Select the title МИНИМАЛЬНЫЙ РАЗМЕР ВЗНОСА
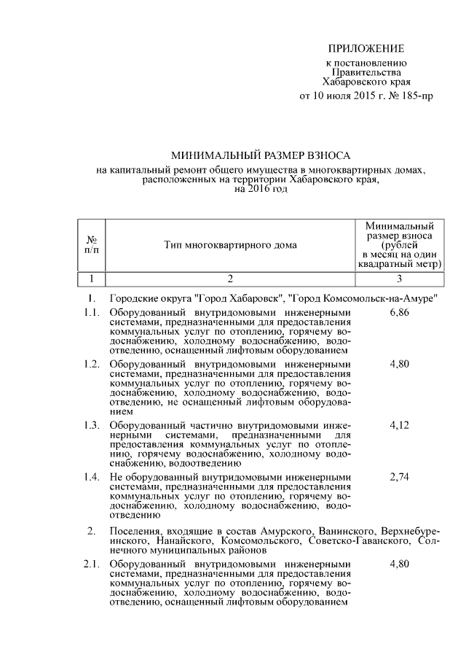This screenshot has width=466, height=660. [261, 156]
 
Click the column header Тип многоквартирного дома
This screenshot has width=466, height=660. [230, 245]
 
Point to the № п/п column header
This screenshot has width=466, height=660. [92, 245]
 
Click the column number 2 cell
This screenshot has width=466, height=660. [230, 278]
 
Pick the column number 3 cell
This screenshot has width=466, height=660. [399, 278]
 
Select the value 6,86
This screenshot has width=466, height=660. [400, 313]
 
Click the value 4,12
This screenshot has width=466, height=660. [400, 424]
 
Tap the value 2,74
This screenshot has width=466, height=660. [400, 477]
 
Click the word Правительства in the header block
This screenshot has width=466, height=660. [366, 73]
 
